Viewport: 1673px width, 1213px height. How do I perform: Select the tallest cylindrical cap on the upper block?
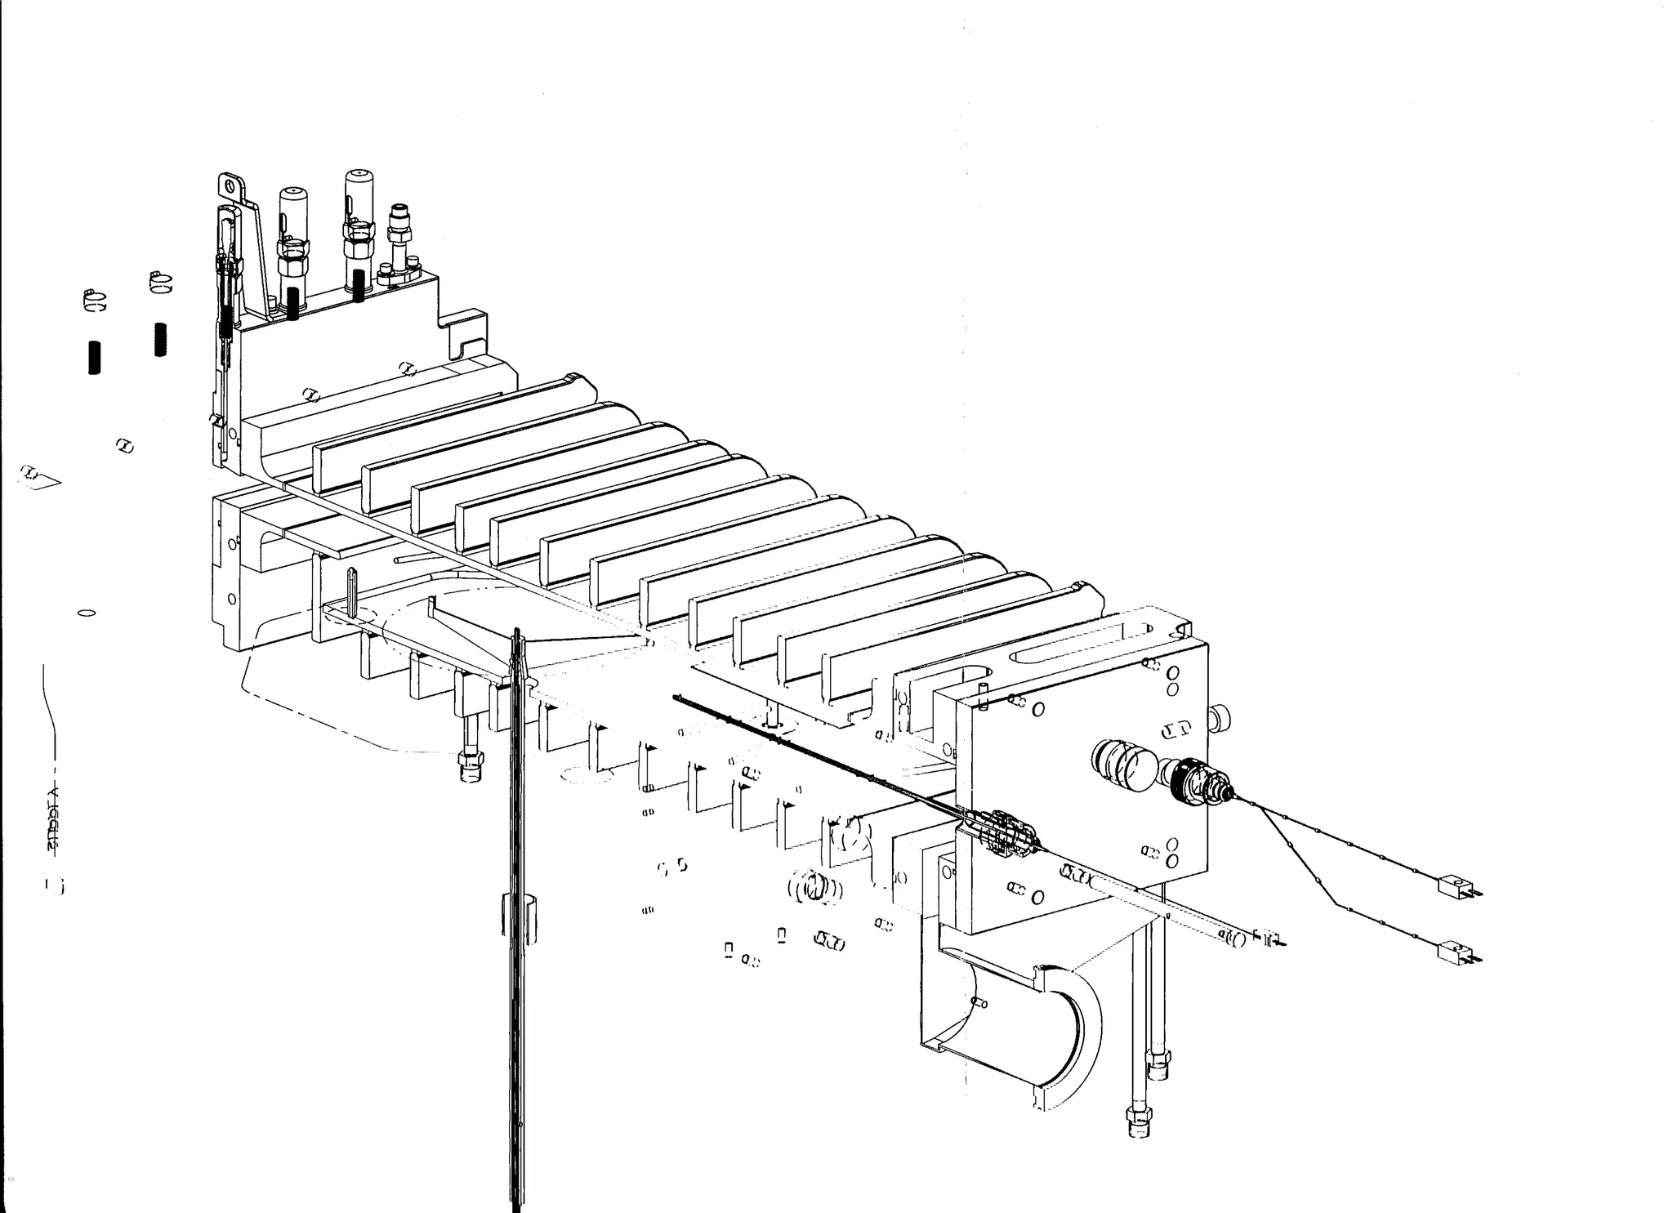click(x=357, y=191)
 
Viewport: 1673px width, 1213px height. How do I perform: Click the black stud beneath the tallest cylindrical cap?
click(x=359, y=285)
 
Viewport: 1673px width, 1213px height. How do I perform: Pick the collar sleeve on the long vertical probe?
click(x=517, y=914)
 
